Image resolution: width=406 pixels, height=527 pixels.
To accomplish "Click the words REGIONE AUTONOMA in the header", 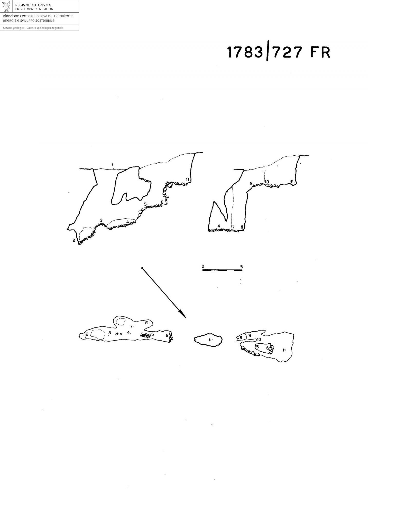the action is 33,5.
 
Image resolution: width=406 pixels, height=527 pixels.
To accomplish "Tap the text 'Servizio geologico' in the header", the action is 13,28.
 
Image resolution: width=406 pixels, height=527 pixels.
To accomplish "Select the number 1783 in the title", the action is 245,52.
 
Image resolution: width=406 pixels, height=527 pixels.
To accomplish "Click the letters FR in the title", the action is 320,52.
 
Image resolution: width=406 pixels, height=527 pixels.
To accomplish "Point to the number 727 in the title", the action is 287,52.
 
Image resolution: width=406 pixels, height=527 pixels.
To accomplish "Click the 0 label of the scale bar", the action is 203,266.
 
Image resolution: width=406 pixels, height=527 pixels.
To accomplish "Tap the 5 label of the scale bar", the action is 241,267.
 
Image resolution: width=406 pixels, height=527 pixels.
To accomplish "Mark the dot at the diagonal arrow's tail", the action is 142,268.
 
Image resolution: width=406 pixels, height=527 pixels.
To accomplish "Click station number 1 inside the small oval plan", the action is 210,340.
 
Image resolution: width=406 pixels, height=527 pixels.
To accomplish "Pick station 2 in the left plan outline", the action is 87,334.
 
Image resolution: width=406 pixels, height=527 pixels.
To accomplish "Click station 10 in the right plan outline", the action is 259,339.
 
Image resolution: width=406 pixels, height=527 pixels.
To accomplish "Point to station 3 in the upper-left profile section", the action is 101,220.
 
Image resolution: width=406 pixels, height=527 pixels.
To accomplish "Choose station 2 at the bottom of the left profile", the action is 74,240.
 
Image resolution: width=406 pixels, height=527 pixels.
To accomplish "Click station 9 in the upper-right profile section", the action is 251,183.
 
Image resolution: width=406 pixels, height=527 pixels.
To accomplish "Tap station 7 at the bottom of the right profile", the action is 233,227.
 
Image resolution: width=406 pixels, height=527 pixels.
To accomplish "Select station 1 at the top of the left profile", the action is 113,164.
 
